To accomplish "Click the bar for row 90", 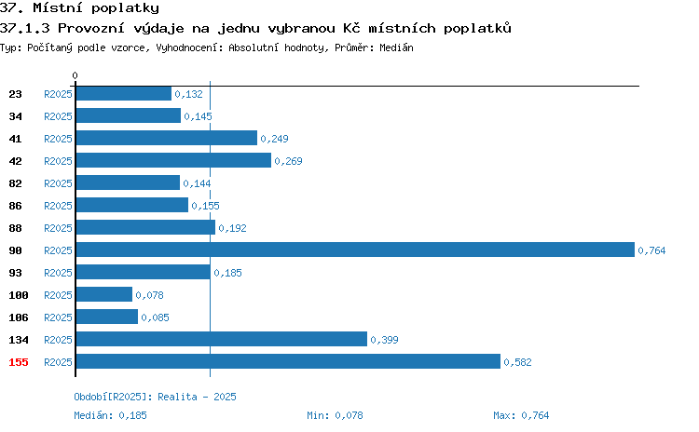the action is point(355,250).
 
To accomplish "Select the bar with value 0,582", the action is point(288,361).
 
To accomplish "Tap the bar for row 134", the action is point(222,340).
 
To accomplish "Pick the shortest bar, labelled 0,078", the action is point(104,294).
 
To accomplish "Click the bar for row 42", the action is point(173,160).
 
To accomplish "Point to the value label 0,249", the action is point(274,139).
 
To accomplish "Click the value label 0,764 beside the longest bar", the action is point(651,250).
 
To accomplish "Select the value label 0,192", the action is point(232,228).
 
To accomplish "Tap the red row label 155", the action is point(19,362).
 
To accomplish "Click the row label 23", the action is point(15,94).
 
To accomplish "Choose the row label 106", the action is point(19,317).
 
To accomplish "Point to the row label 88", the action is point(15,228).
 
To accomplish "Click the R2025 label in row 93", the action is point(58,273).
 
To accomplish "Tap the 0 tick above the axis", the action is point(75,75).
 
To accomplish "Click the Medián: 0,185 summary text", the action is point(110,415).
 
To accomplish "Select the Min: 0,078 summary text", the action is point(335,415).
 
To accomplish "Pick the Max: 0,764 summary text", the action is point(521,415).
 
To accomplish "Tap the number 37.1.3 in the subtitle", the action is point(25,28).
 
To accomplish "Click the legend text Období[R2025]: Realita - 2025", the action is point(155,397).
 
